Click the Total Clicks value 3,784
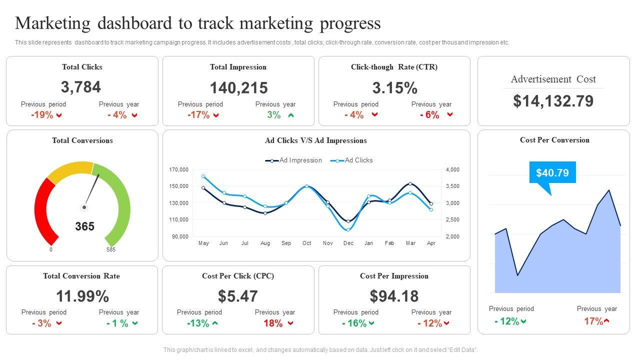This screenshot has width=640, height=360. point(80,87)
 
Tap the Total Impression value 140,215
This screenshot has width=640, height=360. point(238,88)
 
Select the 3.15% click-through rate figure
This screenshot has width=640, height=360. point(394,88)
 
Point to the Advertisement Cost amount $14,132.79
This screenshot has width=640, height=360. point(553,101)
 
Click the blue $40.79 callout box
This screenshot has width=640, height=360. point(552,173)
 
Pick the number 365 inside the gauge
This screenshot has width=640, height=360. point(84,226)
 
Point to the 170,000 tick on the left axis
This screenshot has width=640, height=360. point(179,170)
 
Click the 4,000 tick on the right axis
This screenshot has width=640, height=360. point(452,170)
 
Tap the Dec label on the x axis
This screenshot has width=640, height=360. point(348,243)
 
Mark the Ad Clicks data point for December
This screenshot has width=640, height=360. point(348,229)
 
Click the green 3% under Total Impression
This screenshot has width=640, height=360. point(273,115)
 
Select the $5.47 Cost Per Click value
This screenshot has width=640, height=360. point(238,296)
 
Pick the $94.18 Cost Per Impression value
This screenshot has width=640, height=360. point(394,296)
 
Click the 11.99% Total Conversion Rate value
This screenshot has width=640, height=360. point(82,296)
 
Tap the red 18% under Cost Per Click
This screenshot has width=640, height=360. point(273,323)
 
